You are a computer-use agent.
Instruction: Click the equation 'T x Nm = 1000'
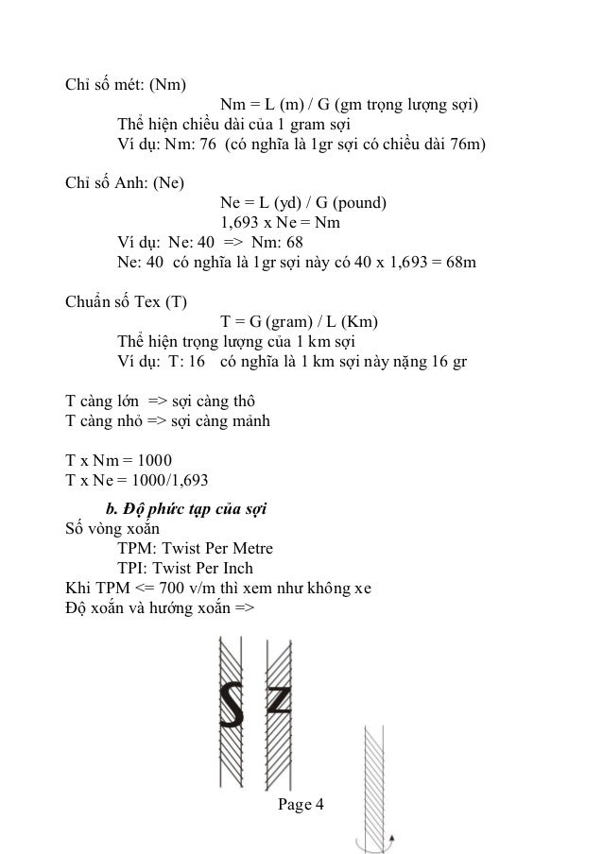pyautogui.click(x=118, y=461)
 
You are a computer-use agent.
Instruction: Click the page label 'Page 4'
pyautogui.click(x=301, y=805)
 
